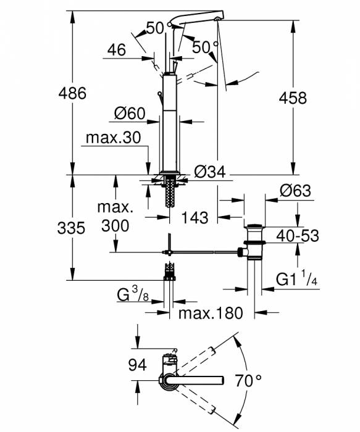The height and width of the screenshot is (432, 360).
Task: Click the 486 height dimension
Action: pos(72,94)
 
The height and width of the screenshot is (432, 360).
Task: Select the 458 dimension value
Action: pos(293,98)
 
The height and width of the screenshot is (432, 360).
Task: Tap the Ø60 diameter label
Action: pos(129,114)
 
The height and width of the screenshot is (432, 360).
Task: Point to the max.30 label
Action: pos(114,138)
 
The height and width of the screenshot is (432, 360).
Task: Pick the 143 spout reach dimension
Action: pos(194,217)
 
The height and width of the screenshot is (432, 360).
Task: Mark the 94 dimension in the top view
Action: pos(137,365)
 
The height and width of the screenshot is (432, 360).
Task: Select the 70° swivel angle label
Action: pos(249,380)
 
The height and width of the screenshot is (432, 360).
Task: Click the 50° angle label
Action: pos(206,47)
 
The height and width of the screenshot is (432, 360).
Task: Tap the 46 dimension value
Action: pos(115,49)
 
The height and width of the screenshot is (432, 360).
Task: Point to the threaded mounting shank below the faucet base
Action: pos(169,193)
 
